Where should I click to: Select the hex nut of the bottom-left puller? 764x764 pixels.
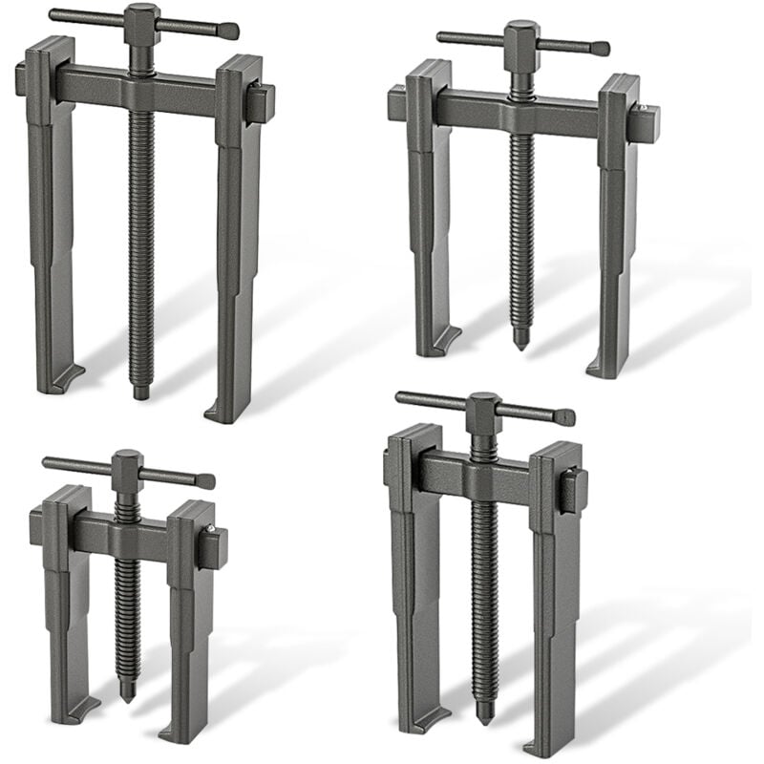127,470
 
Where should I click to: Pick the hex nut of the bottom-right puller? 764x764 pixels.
484,413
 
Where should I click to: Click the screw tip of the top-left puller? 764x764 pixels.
141,392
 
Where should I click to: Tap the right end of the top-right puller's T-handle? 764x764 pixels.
601,48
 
